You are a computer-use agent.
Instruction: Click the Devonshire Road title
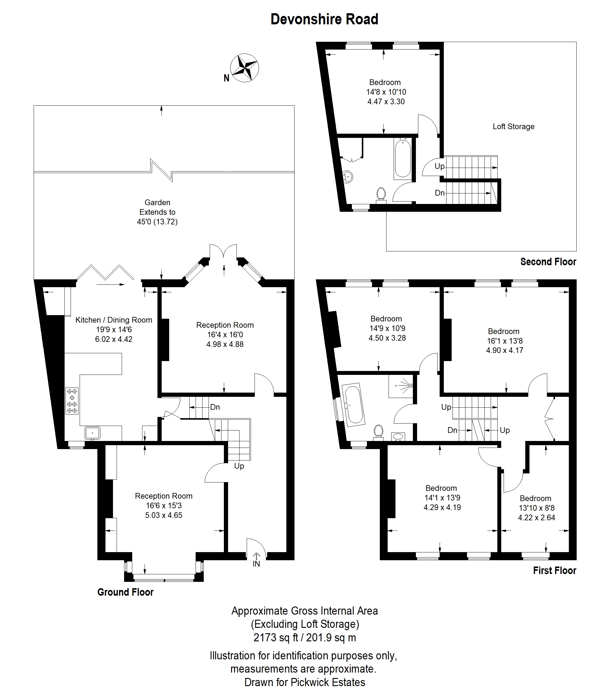pyautogui.click(x=324, y=20)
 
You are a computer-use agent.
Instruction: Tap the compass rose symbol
pyautogui.click(x=245, y=68)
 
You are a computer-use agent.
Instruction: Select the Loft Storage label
pyautogui.click(x=514, y=126)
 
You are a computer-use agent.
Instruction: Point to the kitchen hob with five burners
pyautogui.click(x=72, y=401)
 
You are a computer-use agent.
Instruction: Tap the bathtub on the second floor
pyautogui.click(x=403, y=159)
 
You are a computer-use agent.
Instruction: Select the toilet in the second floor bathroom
pyautogui.click(x=381, y=196)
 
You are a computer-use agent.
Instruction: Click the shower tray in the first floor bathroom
pyautogui.click(x=401, y=386)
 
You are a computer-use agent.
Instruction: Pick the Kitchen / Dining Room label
pyautogui.click(x=114, y=320)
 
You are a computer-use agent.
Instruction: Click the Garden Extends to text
pyautogui.click(x=157, y=207)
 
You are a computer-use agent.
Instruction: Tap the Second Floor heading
pyautogui.click(x=548, y=262)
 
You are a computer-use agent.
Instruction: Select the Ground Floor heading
pyautogui.click(x=125, y=592)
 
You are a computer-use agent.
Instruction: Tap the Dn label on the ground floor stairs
pyautogui.click(x=215, y=407)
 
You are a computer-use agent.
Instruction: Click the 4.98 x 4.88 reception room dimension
pyautogui.click(x=225, y=344)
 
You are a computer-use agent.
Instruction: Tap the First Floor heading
pyautogui.click(x=555, y=571)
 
